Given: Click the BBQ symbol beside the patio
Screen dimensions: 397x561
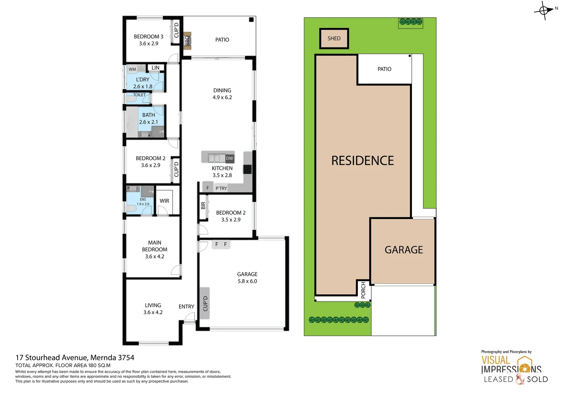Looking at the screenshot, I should coord(187,40).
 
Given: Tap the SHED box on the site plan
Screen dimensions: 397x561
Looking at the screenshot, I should coord(334,39).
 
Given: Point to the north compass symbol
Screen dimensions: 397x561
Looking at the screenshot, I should coord(544,11).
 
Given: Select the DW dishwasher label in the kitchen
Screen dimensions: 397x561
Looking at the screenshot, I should coord(229,158).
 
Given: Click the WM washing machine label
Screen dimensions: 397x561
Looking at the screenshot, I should coord(132,69).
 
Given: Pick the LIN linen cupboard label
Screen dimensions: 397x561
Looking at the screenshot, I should coord(156,68).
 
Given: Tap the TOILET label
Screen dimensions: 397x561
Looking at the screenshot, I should coord(139,95).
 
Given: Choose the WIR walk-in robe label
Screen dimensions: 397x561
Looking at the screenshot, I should coord(164,201).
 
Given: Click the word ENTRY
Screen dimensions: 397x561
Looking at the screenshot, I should coord(187,307).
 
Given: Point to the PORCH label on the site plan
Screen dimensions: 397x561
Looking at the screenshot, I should coord(363,290).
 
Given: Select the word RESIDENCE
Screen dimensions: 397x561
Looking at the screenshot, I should coord(362,161).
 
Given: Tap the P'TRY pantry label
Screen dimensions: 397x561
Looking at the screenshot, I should coord(221,188).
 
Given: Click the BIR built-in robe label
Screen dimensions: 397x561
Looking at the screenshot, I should coord(203,206).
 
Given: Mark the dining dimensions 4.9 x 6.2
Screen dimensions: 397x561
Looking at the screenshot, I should coord(222,97).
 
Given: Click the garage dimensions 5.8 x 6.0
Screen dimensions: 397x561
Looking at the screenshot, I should coord(247,281).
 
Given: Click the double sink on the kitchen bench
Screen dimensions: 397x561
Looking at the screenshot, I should coord(214,158).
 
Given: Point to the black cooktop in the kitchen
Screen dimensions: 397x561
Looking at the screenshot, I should coord(247,169).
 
